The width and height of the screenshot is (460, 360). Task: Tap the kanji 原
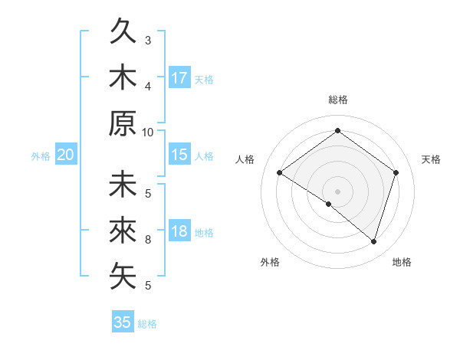coord(123,123)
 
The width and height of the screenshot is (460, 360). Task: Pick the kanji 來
coord(123,231)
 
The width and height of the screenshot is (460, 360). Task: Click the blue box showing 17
coord(179,78)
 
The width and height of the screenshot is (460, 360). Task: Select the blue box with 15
coord(179,155)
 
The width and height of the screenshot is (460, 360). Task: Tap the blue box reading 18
coord(179,232)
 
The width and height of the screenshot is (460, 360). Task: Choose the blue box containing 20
coord(65,155)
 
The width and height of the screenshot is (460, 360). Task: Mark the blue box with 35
coord(122,322)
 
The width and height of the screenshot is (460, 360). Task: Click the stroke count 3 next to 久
coord(148,40)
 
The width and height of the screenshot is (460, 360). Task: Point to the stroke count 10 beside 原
coord(148,132)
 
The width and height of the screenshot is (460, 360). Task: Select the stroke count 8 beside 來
coord(148,240)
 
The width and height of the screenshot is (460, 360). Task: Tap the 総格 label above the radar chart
coord(337,100)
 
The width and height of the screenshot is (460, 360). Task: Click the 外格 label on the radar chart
coord(270,263)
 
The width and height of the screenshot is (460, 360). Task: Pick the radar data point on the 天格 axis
coord(396,173)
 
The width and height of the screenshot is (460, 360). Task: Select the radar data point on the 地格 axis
coord(373,241)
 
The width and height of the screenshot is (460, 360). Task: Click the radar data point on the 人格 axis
coord(280,173)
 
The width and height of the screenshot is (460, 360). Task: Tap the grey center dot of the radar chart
coord(337,191)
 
